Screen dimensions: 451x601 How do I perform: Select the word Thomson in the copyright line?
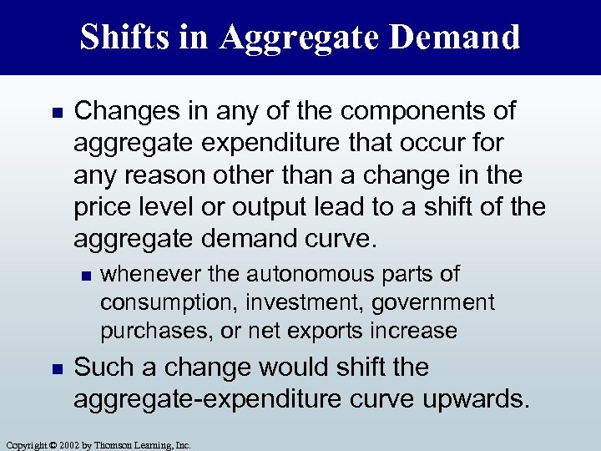click(x=117, y=445)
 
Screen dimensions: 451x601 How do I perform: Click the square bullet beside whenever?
click(x=83, y=274)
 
